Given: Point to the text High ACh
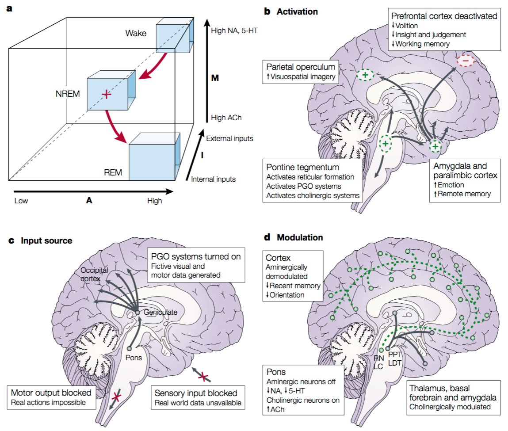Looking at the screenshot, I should [x=226, y=118].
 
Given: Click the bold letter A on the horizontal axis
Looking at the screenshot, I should [x=89, y=200].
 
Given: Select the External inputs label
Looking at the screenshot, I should [x=229, y=138].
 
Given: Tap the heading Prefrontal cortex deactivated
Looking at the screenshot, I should [x=444, y=16].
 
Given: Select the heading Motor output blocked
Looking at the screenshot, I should [x=50, y=393].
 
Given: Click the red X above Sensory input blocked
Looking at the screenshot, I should [x=203, y=376].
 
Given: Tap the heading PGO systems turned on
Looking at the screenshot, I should [x=196, y=256].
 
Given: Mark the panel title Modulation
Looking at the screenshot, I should [x=300, y=237].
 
